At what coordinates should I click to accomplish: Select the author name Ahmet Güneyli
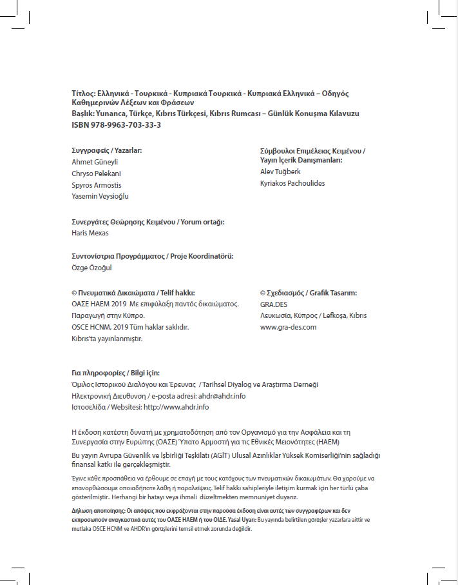coord(95,162)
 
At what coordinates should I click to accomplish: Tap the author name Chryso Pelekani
coord(96,174)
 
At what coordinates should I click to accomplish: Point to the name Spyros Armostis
coord(96,185)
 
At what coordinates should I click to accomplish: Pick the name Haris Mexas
coord(90,233)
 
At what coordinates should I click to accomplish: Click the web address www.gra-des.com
coord(288,327)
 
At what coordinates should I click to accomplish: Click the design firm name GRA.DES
coord(274,304)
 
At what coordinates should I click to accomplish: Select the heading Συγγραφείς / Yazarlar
coord(106,150)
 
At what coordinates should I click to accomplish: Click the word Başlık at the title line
coord(82,114)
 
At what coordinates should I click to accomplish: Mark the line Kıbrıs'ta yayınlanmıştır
coord(106,339)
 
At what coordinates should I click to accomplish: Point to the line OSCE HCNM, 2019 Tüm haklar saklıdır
coord(129,327)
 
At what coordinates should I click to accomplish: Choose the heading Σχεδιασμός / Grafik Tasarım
coord(308,292)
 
